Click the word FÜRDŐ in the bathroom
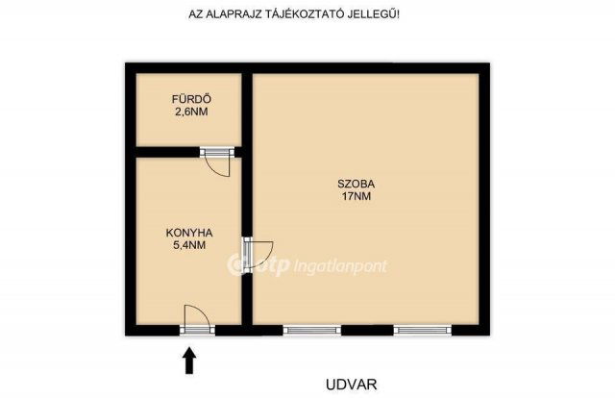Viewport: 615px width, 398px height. click(190, 99)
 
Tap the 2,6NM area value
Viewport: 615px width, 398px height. click(190, 112)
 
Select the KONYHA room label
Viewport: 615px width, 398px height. click(188, 233)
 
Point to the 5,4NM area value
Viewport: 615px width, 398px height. click(188, 245)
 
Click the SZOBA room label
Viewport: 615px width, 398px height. click(356, 184)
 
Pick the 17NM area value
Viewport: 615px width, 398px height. click(356, 196)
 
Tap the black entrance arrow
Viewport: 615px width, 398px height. click(189, 361)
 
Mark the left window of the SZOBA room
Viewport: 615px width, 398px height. click(311, 330)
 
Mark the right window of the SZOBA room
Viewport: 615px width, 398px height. click(423, 330)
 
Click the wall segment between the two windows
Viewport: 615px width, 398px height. click(367, 330)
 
